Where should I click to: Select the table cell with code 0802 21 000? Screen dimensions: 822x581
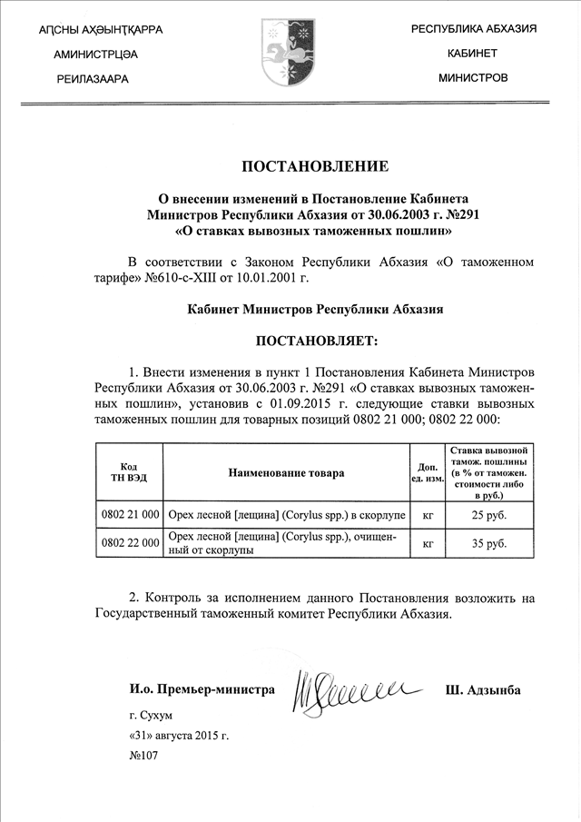click(131, 514)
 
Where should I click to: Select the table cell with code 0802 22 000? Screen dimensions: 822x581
click(131, 543)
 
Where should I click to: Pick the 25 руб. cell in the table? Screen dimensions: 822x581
click(489, 514)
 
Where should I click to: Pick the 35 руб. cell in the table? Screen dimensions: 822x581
click(489, 543)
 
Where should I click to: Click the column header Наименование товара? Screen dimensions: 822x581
click(286, 473)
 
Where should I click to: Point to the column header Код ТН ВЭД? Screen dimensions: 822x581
click(130, 473)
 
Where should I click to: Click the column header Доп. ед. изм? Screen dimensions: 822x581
click(427, 473)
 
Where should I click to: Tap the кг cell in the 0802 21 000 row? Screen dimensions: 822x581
click(427, 514)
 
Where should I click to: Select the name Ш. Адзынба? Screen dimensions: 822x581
click(483, 690)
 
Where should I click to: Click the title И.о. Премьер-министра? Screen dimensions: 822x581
click(202, 690)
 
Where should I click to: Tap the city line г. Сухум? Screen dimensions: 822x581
click(151, 715)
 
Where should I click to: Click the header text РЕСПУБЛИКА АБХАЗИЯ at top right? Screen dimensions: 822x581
click(474, 29)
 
